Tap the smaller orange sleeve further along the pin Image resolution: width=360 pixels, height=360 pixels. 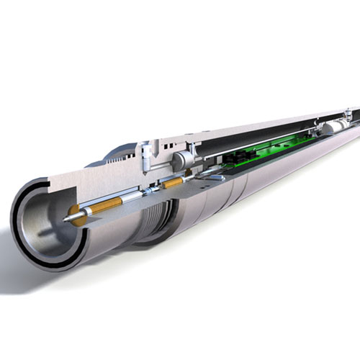(174, 184)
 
